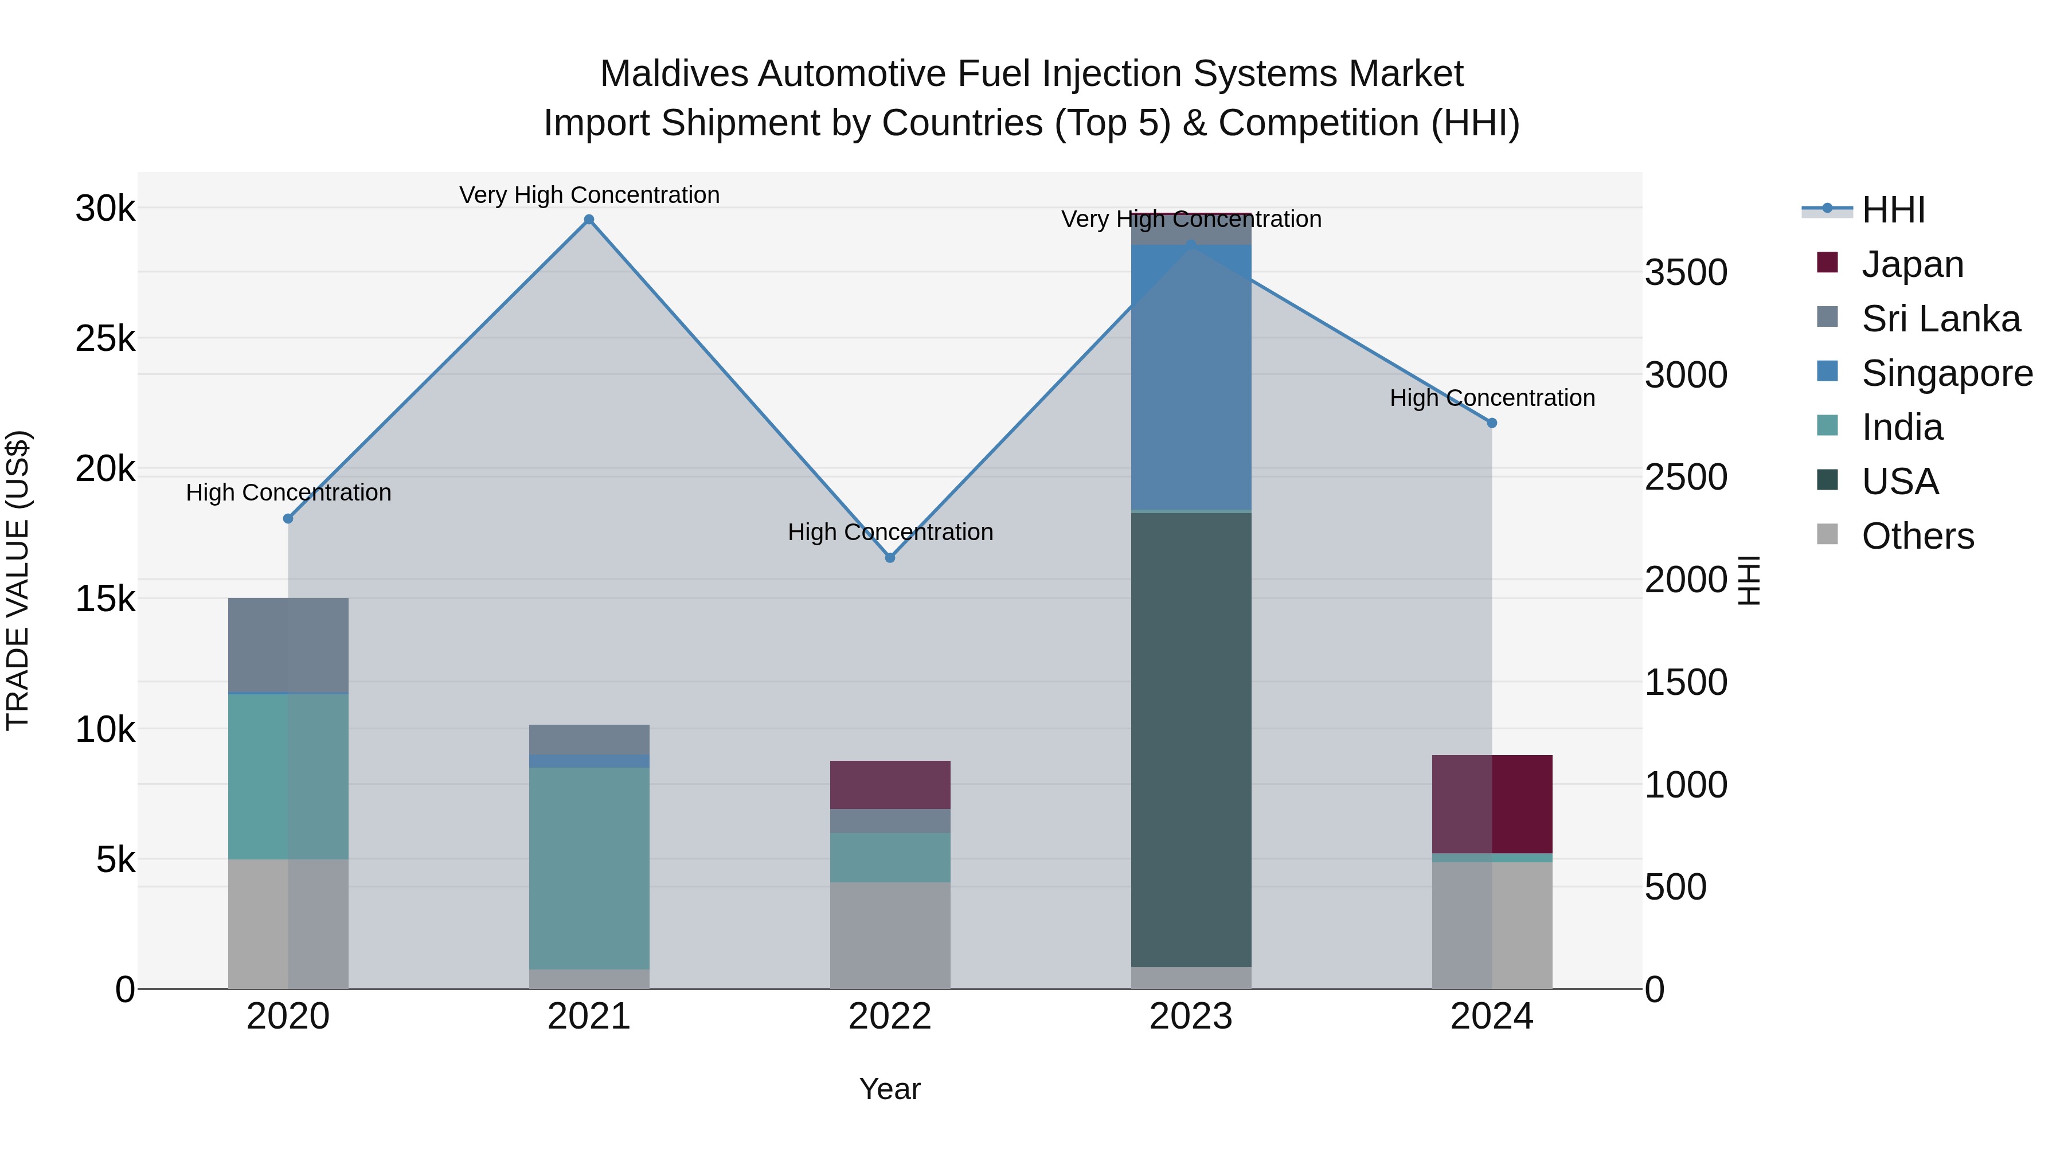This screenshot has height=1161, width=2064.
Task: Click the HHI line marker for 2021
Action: [x=589, y=220]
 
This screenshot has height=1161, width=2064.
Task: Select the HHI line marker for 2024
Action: [x=1492, y=423]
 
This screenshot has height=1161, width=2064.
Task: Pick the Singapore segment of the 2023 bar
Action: [x=1191, y=377]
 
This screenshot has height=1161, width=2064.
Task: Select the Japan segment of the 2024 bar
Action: [x=1492, y=804]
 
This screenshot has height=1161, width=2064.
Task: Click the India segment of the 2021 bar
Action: [x=589, y=868]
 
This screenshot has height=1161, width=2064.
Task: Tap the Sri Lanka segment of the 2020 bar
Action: [x=288, y=645]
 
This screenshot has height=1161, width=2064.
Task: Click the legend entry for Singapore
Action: [x=1946, y=373]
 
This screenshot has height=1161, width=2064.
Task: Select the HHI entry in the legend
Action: [x=1893, y=210]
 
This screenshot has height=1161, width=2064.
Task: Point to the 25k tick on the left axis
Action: [x=105, y=339]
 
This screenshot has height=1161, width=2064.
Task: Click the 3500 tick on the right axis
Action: [x=1686, y=272]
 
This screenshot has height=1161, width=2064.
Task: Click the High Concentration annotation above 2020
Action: [x=288, y=492]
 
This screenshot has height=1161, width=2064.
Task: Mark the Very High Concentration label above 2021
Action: [x=589, y=195]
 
